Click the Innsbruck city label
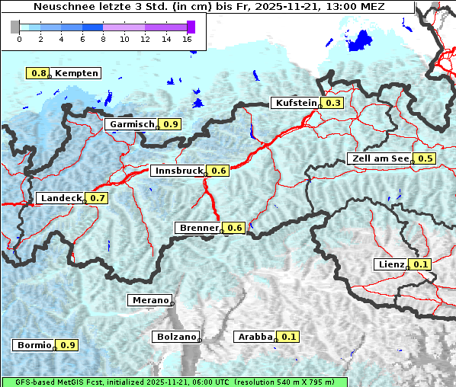tap(178, 171)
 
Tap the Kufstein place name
tap(295, 103)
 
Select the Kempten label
tap(76, 73)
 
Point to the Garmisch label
tap(131, 124)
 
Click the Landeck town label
tap(60, 198)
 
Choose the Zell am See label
tap(379, 158)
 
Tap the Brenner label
tap(198, 228)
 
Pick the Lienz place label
tap(390, 264)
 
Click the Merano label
tap(149, 300)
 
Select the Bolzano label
tap(176, 336)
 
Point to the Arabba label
tap(255, 336)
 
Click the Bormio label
tap(33, 345)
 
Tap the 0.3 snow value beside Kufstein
tap(333, 103)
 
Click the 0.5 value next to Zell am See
tap(425, 158)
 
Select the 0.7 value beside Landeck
tap(97, 198)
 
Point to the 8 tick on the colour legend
tap(103, 38)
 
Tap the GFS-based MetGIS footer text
tap(174, 382)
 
